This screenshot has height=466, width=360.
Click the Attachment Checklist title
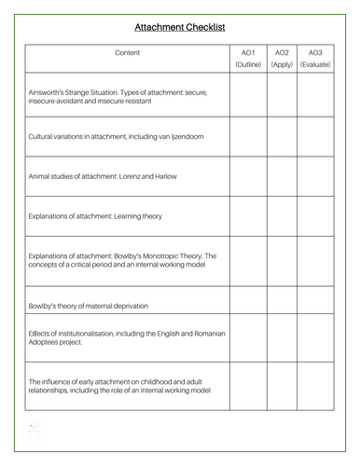click(179, 28)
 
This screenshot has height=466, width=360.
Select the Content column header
click(127, 53)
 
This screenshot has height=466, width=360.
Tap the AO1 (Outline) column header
click(248, 59)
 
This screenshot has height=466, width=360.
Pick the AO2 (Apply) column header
click(282, 59)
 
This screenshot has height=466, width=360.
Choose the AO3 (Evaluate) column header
click(314, 59)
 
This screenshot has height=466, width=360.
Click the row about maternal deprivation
click(89, 306)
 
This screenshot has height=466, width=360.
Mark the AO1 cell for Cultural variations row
click(248, 137)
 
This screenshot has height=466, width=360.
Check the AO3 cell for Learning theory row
click(314, 216)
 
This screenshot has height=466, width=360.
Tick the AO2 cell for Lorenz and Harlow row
click(282, 176)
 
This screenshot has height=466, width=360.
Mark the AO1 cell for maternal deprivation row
click(248, 304)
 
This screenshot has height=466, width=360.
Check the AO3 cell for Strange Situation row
click(314, 96)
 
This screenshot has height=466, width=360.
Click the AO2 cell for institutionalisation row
click(282, 336)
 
